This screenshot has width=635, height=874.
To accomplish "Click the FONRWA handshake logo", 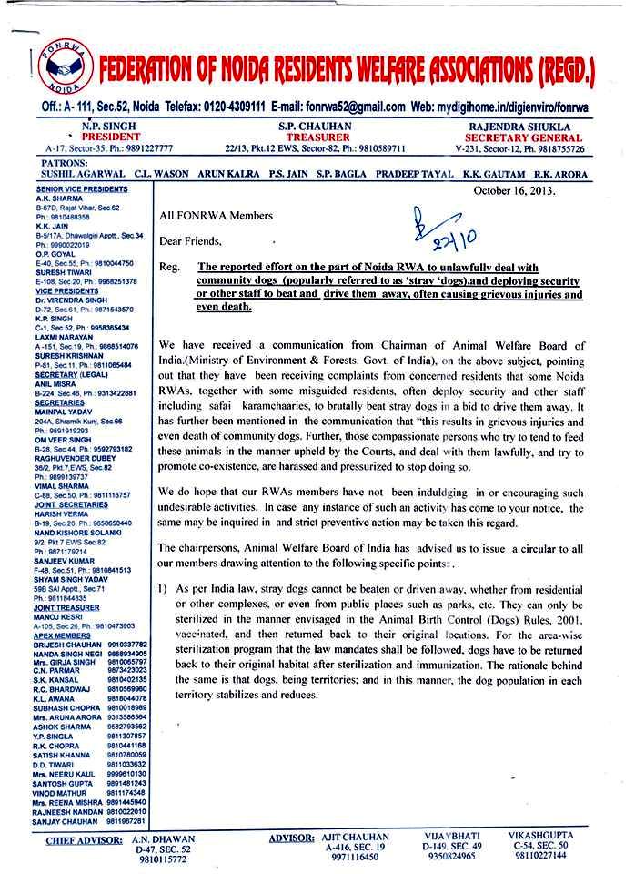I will tap(66, 64).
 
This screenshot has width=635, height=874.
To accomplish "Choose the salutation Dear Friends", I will tap(190, 241).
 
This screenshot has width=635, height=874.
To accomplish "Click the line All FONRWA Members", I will tap(216, 216).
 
